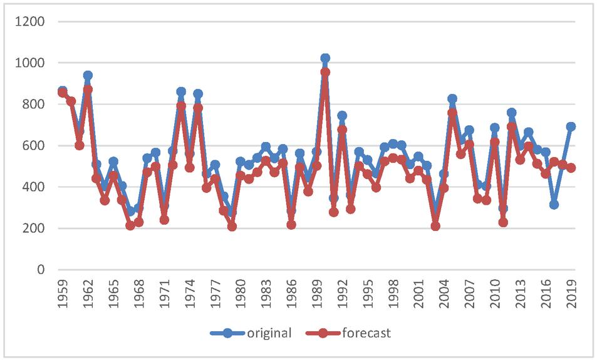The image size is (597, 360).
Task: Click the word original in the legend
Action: pos(269,333)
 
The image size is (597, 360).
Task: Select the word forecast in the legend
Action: pos(366,333)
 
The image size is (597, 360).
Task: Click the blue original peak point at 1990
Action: pos(324,58)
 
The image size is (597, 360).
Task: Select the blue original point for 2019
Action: pos(571,126)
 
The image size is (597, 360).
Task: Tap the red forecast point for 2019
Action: pos(571,168)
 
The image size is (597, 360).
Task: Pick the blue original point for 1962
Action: pos(88,75)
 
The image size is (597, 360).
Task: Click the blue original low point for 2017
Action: pos(554,205)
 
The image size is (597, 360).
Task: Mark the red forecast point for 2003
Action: pos(435,226)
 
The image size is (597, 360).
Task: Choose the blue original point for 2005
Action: pos(452,99)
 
